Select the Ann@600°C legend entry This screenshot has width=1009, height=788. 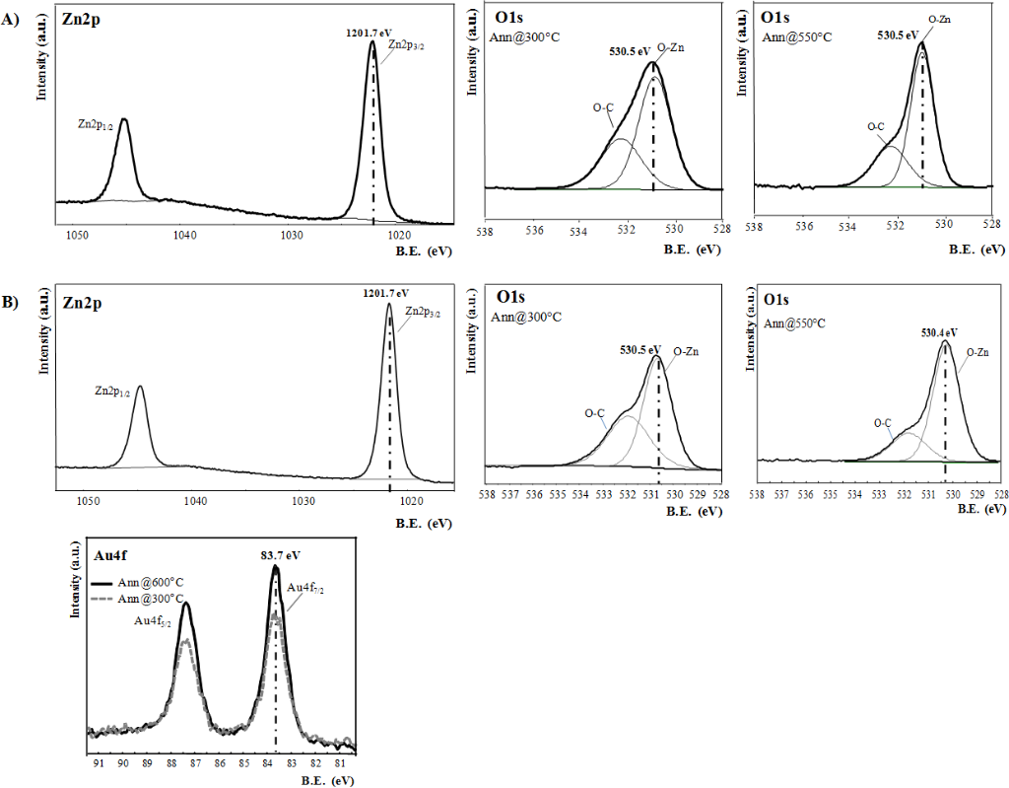(x=140, y=582)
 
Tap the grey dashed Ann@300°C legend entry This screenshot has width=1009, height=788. (x=140, y=598)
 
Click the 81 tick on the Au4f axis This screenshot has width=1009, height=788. (x=340, y=762)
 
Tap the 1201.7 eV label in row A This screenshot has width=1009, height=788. (x=371, y=32)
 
